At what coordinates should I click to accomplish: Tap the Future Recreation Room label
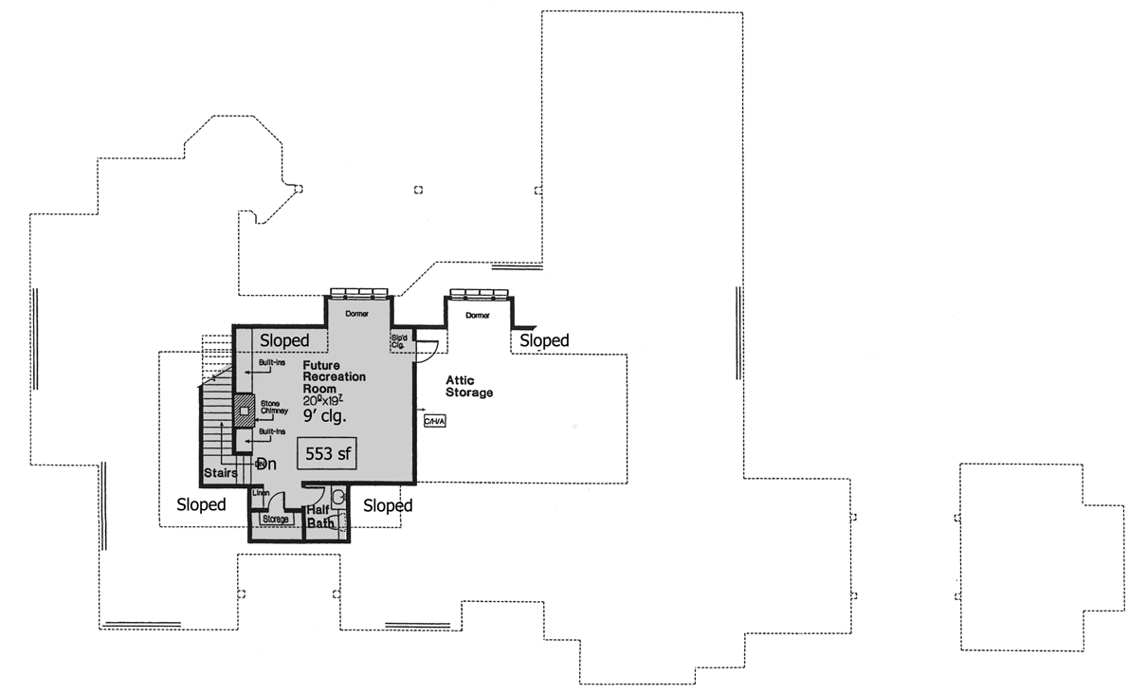coord(334,376)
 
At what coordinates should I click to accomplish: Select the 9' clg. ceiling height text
coord(325,415)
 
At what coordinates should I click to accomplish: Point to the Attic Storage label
coord(469,386)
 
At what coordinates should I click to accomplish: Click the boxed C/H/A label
coord(433,419)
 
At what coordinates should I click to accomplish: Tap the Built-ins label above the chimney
coord(273,362)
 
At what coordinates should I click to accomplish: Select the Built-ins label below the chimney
coord(273,431)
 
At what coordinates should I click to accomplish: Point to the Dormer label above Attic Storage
coord(478,315)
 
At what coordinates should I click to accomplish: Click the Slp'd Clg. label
coord(398,340)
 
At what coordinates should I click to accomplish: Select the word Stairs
coord(219,472)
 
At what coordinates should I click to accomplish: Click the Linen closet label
coord(260,494)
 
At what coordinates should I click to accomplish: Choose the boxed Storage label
coord(275,520)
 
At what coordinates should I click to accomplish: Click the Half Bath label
coord(318,516)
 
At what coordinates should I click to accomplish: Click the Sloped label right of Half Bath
coord(388,506)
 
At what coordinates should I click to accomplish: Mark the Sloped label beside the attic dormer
coord(544,340)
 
